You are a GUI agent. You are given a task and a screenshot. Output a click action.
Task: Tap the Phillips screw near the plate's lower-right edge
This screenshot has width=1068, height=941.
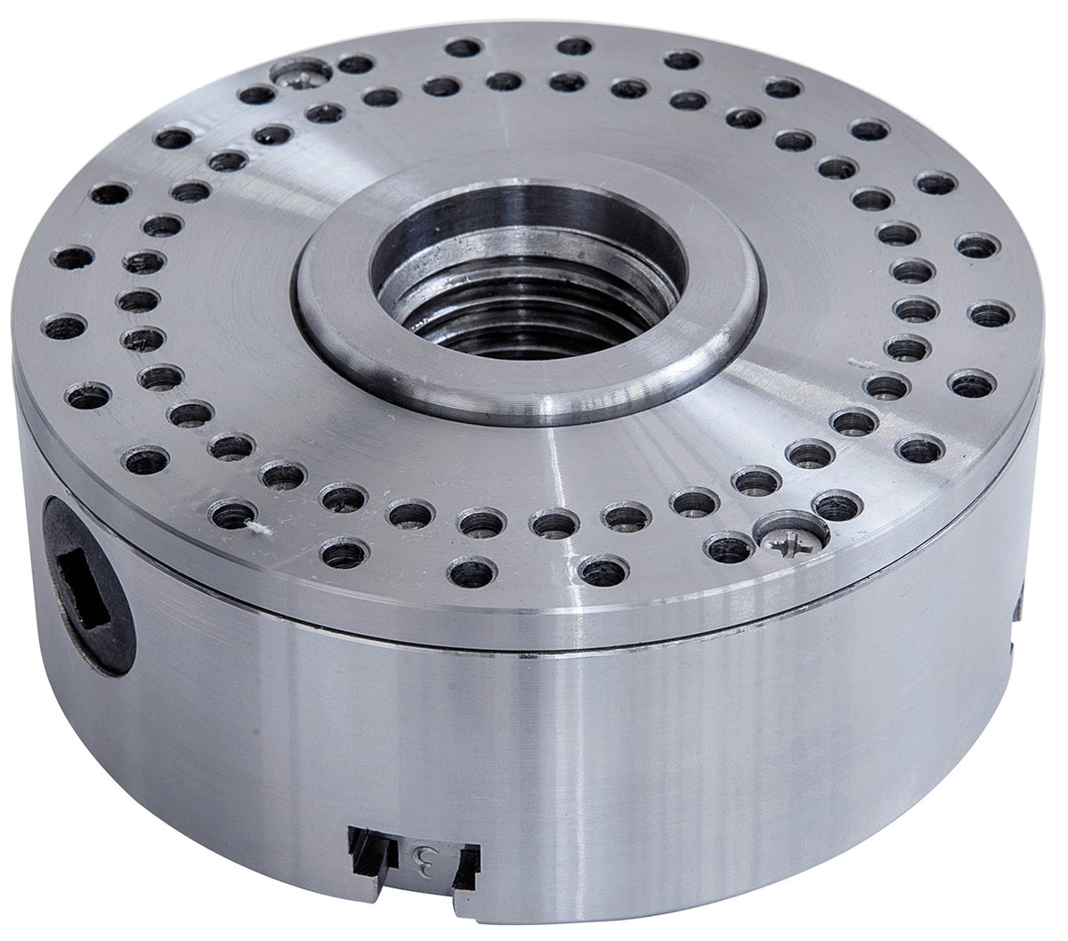[788, 537]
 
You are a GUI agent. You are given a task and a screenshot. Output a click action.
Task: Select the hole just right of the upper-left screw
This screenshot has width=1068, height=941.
[355, 64]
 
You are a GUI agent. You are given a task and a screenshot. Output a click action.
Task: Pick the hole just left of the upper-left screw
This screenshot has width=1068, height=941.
[257, 94]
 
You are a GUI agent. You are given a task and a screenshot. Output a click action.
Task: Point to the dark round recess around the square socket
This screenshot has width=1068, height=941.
[85, 614]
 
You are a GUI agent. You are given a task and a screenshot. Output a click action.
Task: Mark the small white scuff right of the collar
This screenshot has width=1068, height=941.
[860, 363]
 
